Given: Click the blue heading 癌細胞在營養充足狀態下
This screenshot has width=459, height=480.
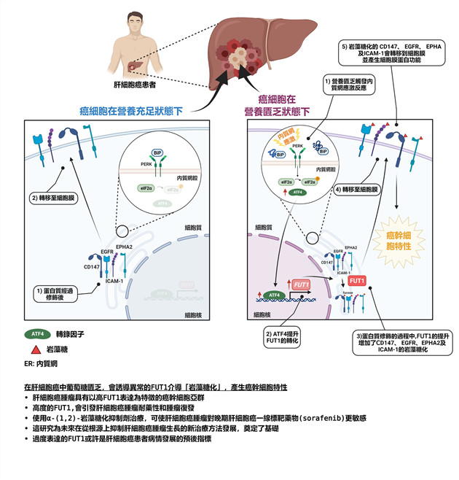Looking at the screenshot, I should (131, 112).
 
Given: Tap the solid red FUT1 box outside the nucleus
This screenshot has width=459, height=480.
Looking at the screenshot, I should (358, 280).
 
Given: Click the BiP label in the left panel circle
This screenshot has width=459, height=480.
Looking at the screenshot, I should (157, 152).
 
